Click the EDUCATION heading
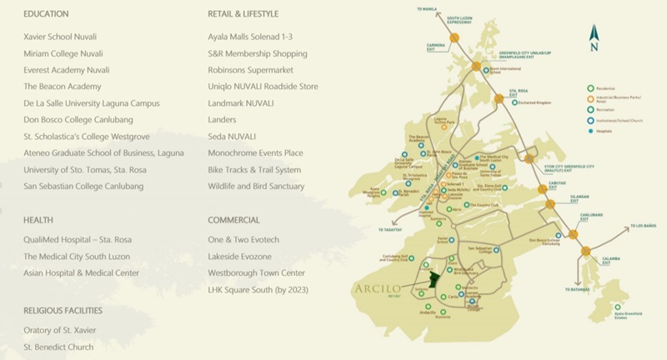click(46, 14)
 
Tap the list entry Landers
click(223, 119)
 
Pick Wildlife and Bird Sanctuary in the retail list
click(256, 186)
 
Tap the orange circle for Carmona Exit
click(454, 37)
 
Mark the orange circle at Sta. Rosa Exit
click(498, 97)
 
